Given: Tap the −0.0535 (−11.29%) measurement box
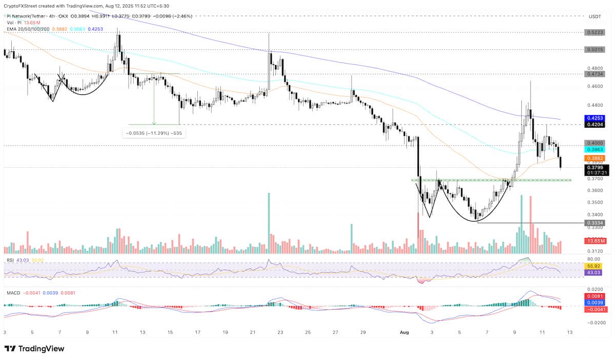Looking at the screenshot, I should (154, 133).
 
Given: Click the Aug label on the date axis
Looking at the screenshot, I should (404, 332).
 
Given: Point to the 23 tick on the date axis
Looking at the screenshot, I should (280, 332).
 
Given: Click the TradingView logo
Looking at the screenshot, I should (34, 349).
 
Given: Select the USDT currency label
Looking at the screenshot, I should (594, 17).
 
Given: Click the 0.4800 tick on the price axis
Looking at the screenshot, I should (594, 68).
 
